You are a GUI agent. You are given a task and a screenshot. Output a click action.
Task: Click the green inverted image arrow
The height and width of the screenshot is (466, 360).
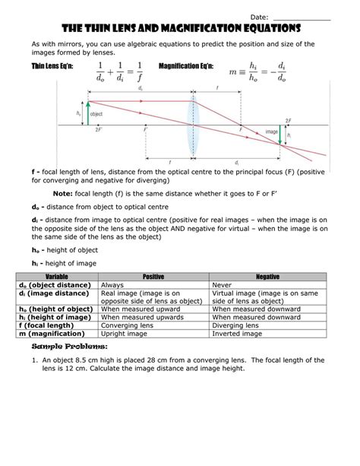click(280, 136)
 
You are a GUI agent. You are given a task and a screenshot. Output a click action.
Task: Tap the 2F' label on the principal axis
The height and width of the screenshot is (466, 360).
click(99, 132)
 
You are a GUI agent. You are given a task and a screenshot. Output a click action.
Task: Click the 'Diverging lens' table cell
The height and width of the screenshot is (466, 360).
click(235, 327)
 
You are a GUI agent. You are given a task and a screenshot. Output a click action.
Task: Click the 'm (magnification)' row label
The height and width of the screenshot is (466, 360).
click(55, 335)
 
